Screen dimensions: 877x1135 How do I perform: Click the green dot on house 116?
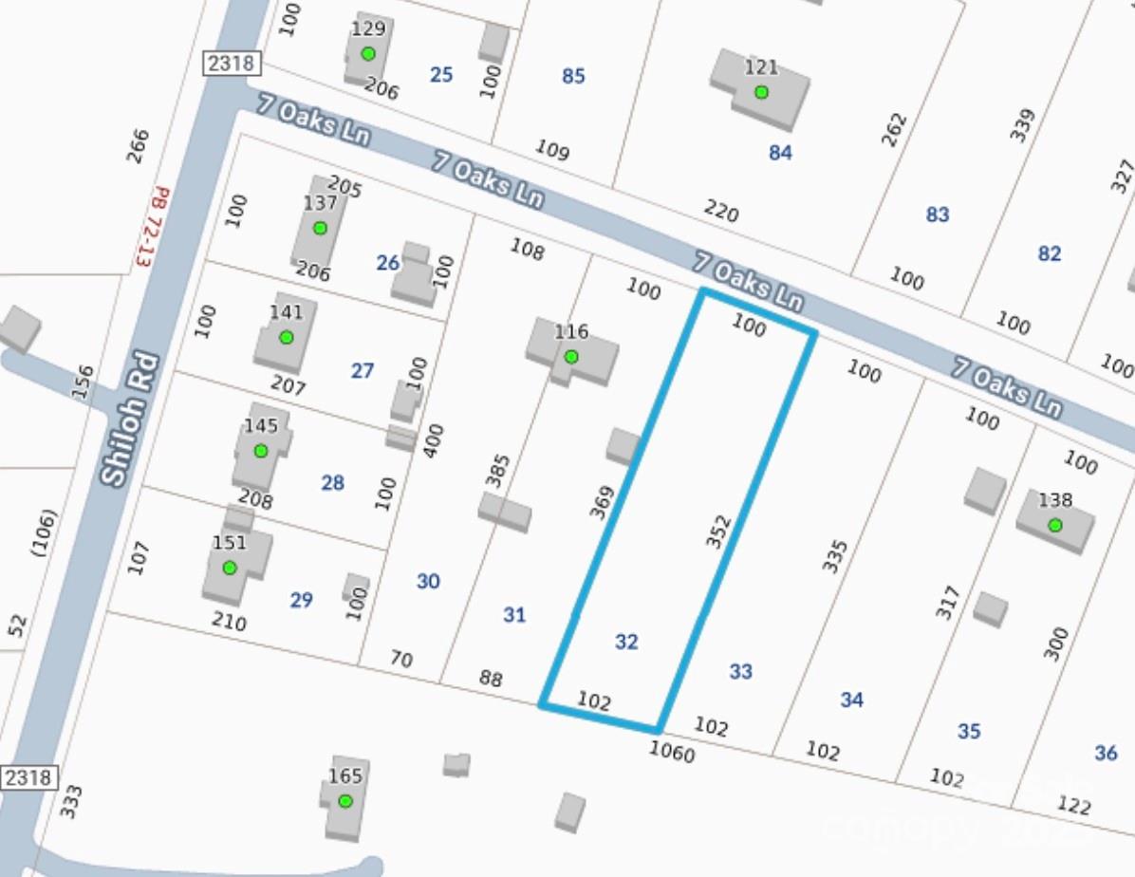coord(571,357)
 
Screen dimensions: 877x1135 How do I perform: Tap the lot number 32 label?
coord(626,642)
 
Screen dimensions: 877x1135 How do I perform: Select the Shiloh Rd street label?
coord(132,420)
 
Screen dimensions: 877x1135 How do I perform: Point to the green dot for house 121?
coord(761,92)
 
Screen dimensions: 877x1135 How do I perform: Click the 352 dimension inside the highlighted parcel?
coord(718,531)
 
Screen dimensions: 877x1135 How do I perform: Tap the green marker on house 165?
coord(345,801)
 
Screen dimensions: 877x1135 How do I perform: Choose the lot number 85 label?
coord(573,76)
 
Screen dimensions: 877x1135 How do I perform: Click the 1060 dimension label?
coord(672,753)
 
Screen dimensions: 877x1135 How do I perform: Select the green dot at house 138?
coord(1054,525)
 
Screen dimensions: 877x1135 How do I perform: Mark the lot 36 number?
coord(1106,753)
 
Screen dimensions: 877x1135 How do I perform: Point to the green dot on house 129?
coord(368,53)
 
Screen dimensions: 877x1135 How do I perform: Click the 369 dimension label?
coord(603,501)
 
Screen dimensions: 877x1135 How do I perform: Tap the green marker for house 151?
coord(229,568)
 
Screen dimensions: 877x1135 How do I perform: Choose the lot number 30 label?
coord(428,581)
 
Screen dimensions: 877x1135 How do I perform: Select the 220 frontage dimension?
coord(721,211)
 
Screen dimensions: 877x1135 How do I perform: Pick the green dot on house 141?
coord(286,337)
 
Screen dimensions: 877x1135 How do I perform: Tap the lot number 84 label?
coord(780,152)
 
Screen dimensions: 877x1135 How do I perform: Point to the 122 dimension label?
coord(1073,806)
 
